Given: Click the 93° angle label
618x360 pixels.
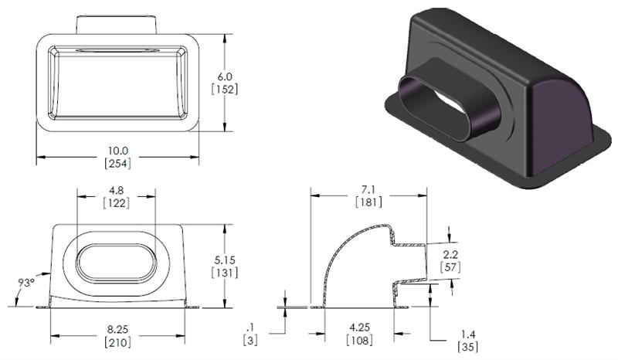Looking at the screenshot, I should pyautogui.click(x=26, y=282).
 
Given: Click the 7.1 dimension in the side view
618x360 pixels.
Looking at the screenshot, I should pyautogui.click(x=368, y=189).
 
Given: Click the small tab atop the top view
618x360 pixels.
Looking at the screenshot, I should pyautogui.click(x=117, y=23).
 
